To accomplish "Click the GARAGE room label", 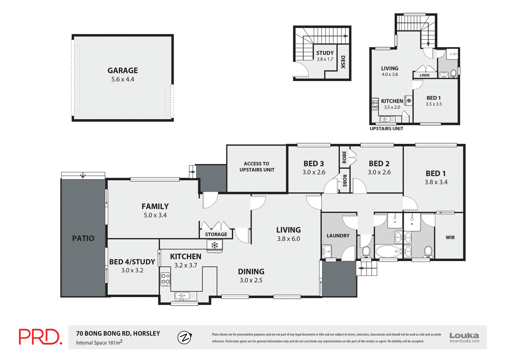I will pos(122,71).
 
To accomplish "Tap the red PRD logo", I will pos(40,337).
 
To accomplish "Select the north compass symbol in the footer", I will pos(185,337).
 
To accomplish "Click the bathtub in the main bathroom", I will pos(388,251).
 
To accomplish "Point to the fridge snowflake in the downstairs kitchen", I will pos(214,245).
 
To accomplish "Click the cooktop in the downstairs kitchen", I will pos(165,279).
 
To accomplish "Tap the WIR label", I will pos(450,237).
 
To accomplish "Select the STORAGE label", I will pos(216,234).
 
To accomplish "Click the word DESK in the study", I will pos(343,62).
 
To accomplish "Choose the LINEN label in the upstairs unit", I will pos(424,75).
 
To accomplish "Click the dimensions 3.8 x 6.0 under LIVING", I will pos(288,239).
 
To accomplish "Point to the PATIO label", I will pos(83,238).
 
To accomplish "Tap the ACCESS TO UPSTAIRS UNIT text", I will pos(257,167).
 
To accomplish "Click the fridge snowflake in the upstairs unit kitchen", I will pos(409,101).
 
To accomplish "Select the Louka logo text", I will pos(464,336).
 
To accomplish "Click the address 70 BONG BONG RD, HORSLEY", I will pos(118,333).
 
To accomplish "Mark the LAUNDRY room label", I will pos(338,236).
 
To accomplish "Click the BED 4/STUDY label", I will pos(132,262).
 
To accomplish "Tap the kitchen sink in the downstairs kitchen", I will pos(186,296).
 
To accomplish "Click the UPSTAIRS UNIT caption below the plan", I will pos(386,129).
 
